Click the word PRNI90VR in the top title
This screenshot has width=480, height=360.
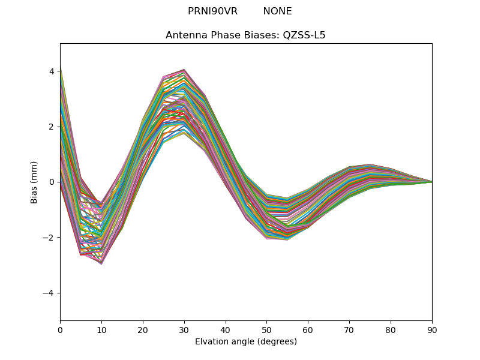click(212, 11)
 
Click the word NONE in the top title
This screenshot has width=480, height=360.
click(277, 11)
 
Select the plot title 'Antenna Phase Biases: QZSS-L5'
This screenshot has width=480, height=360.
click(245, 35)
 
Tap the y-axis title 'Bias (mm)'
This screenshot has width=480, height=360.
click(34, 182)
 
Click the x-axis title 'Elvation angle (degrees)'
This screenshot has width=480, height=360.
click(245, 341)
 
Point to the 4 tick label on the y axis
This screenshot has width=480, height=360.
click(52, 71)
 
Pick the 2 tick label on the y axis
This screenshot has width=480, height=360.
click(52, 127)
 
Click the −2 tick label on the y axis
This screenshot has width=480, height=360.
click(49, 238)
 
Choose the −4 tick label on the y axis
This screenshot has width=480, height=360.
click(49, 293)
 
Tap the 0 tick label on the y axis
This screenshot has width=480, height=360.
click(52, 182)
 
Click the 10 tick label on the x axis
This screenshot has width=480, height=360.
click(101, 329)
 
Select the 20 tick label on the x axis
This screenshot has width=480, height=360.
click(143, 329)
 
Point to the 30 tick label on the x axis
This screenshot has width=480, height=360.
click(184, 329)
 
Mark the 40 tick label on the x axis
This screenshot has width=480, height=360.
click(226, 329)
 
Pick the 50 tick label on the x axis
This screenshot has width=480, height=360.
click(266, 329)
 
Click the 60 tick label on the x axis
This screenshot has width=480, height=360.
click(308, 329)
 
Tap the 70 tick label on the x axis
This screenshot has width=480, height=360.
click(349, 329)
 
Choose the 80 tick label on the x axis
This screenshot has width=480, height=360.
click(391, 329)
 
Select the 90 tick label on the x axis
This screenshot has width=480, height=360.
click(432, 329)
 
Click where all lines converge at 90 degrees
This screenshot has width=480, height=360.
click(431, 182)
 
